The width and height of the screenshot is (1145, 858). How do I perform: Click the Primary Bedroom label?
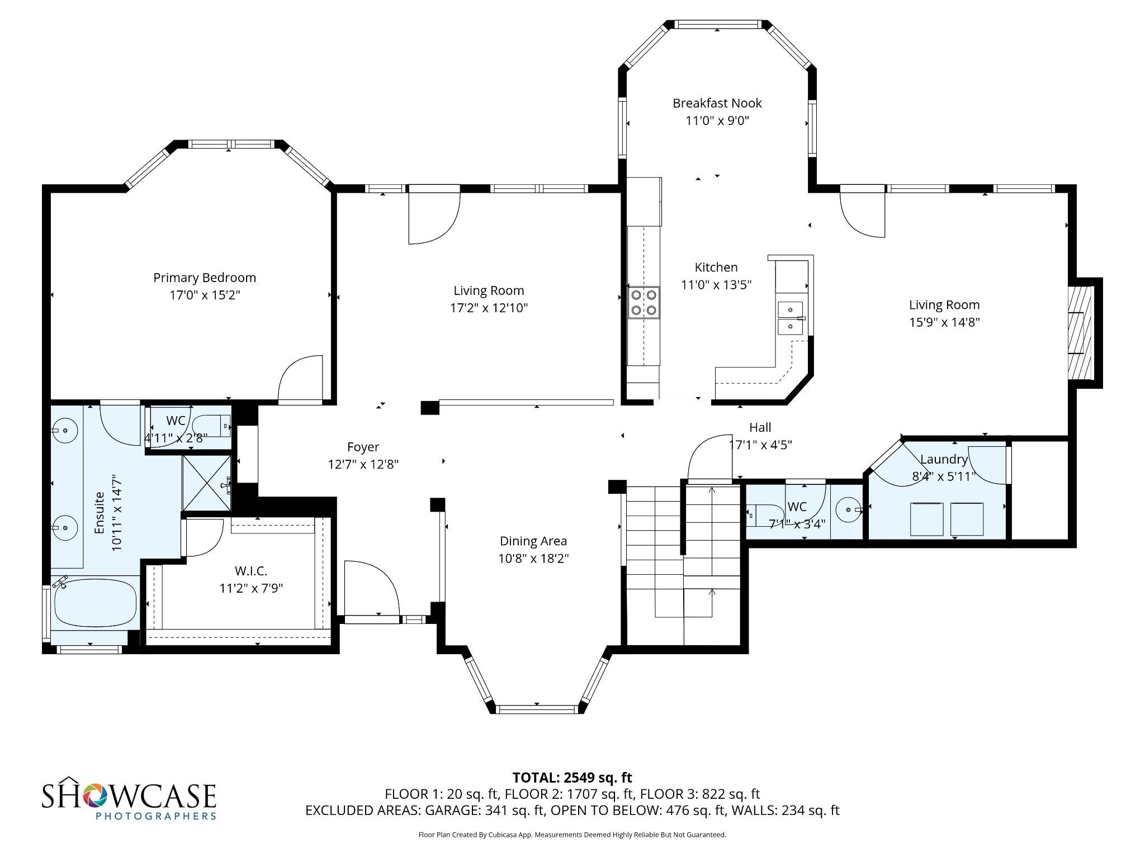click(x=205, y=278)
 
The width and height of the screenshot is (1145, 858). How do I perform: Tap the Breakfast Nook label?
click(x=717, y=103)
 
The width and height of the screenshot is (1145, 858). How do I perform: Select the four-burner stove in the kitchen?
click(x=644, y=302)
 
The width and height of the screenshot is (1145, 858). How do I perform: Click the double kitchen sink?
click(x=791, y=317)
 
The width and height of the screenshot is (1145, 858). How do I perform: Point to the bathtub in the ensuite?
click(x=94, y=603)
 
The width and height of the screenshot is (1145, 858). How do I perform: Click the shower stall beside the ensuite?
click(x=207, y=483)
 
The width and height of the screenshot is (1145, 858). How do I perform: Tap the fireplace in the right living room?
click(x=1081, y=333)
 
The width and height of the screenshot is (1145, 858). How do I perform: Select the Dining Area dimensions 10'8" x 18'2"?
click(x=533, y=559)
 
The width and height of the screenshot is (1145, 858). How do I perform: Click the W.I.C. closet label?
click(x=251, y=571)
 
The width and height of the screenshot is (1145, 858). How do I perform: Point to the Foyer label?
click(x=363, y=447)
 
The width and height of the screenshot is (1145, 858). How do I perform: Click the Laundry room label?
click(x=944, y=459)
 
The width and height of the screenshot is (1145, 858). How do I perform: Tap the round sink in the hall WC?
click(x=849, y=509)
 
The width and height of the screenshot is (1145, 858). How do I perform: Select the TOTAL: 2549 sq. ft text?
click(x=572, y=778)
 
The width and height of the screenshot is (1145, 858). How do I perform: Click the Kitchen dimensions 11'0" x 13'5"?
click(x=716, y=285)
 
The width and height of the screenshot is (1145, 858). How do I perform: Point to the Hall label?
click(x=760, y=427)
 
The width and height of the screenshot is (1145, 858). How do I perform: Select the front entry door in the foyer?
click(x=371, y=589)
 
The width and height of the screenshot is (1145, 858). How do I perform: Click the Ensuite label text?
click(x=100, y=512)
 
